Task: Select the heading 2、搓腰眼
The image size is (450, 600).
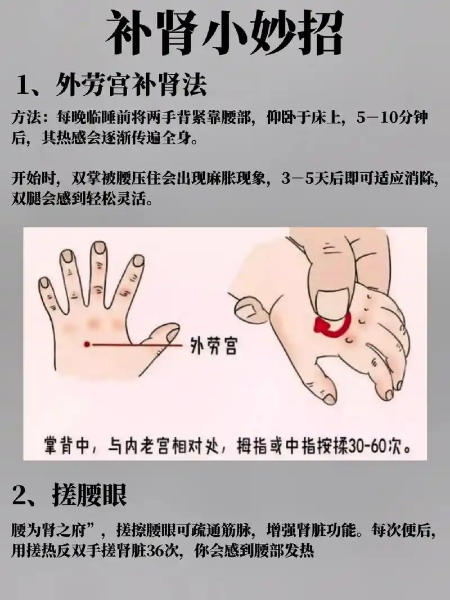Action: tap(70, 495)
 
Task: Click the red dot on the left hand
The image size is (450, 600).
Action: tap(86, 344)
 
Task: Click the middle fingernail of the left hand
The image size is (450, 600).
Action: tap(100, 248)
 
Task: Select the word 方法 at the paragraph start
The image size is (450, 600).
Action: tap(25, 118)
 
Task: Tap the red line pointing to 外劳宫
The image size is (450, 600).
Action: tap(135, 344)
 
